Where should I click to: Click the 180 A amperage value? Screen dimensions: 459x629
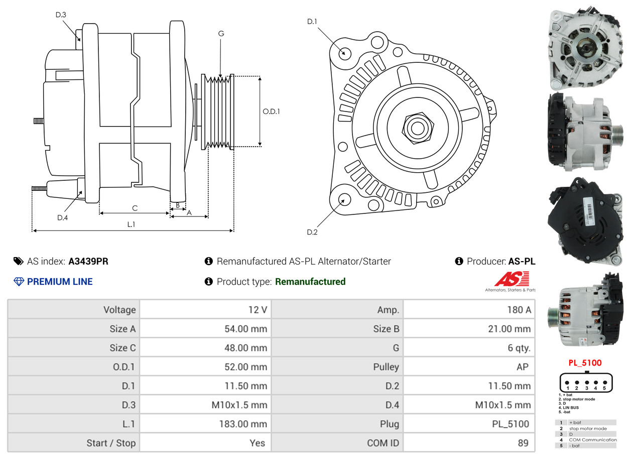(519, 310)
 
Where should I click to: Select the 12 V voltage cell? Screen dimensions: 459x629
(257, 310)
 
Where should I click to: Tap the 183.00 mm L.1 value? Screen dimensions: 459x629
(242, 424)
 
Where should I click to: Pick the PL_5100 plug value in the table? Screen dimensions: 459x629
(510, 424)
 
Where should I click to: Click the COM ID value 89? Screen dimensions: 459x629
(523, 443)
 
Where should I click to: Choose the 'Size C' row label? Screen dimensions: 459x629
(122, 348)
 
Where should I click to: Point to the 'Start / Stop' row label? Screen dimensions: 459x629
(111, 443)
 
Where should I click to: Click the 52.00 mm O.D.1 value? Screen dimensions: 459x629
(245, 367)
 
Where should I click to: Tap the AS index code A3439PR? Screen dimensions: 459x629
(88, 261)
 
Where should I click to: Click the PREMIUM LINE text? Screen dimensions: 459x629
(60, 282)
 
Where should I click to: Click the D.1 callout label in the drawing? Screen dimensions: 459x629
(312, 22)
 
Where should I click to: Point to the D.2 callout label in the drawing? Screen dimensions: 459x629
(312, 232)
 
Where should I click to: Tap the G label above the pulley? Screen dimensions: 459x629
(221, 34)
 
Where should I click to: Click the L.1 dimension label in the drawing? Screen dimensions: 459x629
(131, 224)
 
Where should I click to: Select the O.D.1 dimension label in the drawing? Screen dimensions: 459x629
(271, 111)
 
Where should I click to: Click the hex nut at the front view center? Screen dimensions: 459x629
(417, 128)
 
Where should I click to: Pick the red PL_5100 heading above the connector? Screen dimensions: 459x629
(585, 363)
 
